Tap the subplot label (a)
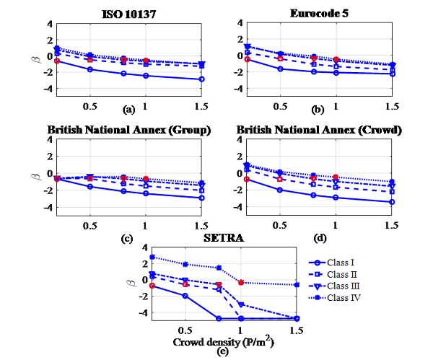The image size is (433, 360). click(129, 110)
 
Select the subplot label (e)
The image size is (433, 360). click(223, 351)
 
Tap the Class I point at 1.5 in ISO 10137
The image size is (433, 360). click(201, 79)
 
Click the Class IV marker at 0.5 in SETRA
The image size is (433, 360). click(185, 264)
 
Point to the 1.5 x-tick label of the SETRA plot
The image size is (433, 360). click(295, 328)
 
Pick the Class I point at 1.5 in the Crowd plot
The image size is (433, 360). click(392, 202)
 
